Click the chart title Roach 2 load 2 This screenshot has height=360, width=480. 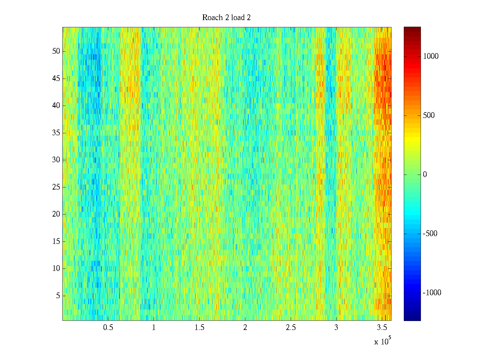pos(226,18)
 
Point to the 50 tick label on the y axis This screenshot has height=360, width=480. pos(56,51)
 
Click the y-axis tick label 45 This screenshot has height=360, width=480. pos(56,79)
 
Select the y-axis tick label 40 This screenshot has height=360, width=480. pos(56,106)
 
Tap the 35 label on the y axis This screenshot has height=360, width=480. pos(56,133)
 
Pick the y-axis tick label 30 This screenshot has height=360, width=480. pos(56,160)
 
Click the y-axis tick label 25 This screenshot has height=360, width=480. pos(56,187)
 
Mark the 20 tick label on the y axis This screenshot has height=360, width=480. pos(56,214)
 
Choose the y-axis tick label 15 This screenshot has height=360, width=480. pos(56,241)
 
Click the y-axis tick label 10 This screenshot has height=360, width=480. pos(56,268)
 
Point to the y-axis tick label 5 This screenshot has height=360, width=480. pos(58,296)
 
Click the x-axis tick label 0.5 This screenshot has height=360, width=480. pos(108,328)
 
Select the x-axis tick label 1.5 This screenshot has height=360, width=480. pos(199,328)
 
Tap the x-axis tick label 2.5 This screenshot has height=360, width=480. pos(291,328)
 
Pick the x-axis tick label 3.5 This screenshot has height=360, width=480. pos(382,328)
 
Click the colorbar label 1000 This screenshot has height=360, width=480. pos(430,56)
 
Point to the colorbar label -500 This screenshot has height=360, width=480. pos(430,234)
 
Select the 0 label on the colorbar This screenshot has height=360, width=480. pos(425,175)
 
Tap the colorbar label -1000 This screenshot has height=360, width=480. pos(432,293)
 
